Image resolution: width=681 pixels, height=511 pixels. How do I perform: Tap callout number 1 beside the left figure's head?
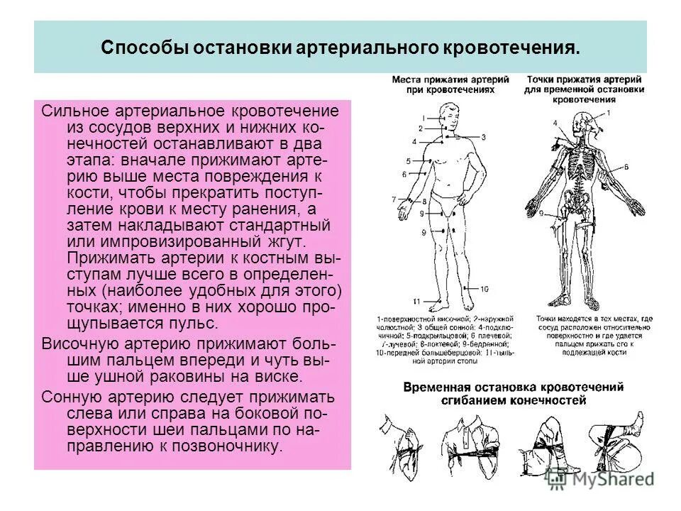click(423, 117)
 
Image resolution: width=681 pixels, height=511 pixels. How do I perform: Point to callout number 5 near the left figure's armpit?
click(409, 161)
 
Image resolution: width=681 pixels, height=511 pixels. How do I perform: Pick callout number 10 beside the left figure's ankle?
click(485, 289)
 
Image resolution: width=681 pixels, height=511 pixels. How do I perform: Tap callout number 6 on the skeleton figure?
click(627, 167)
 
